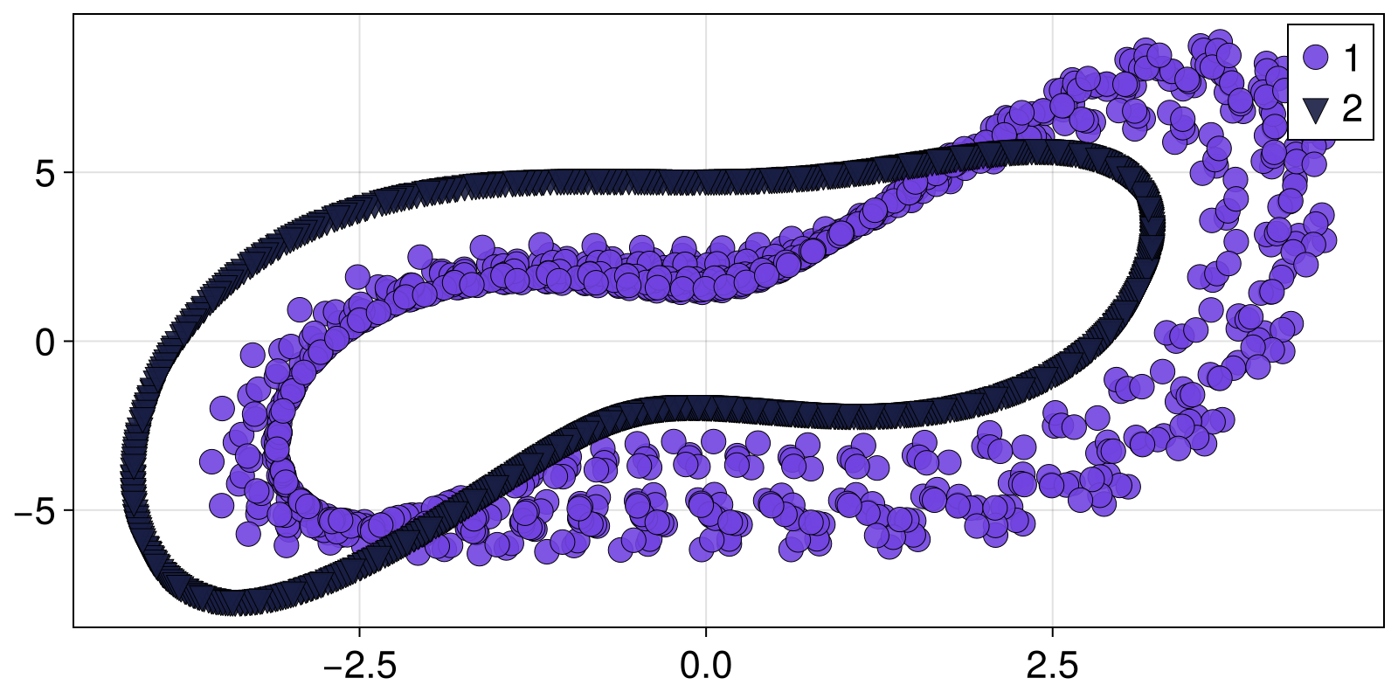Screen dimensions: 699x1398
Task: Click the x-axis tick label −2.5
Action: (359, 668)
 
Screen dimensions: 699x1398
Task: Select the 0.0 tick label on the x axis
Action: (705, 668)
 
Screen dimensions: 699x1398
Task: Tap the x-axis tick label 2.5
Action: (1052, 668)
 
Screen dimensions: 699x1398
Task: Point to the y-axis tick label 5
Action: (45, 173)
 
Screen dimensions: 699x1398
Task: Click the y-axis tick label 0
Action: (45, 342)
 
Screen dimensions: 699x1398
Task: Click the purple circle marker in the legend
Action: (1314, 58)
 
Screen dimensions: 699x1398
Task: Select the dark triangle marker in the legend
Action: (1314, 110)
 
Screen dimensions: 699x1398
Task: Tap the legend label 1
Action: (1351, 59)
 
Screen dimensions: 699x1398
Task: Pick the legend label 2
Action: (1352, 109)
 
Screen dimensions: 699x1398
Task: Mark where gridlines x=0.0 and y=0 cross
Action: (705, 342)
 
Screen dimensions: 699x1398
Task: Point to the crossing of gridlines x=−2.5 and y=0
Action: (359, 342)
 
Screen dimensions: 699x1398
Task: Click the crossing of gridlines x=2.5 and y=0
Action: (1052, 342)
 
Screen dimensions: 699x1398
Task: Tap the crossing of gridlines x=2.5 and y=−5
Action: (1052, 510)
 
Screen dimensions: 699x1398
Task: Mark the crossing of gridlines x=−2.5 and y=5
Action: (359, 173)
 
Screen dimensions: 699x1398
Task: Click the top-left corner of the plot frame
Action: (73, 14)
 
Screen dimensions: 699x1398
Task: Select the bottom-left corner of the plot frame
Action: (73, 626)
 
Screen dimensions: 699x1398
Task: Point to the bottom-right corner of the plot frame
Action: (1384, 626)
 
